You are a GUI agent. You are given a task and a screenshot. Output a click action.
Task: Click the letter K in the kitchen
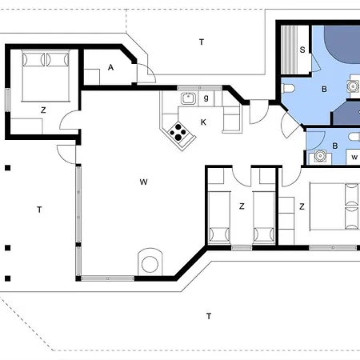(x=203, y=122)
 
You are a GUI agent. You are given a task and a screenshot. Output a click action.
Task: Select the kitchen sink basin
(x=188, y=98)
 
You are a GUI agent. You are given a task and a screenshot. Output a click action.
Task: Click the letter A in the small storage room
(x=110, y=67)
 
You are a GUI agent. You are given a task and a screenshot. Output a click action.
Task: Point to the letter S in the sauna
(x=302, y=50)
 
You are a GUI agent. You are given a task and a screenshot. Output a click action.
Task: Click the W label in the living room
(x=143, y=182)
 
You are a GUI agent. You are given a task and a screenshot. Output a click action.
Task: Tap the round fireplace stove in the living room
(x=150, y=264)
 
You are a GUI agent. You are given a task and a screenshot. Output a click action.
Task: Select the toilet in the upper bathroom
(x=288, y=88)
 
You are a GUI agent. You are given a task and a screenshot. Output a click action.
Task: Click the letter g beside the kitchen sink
(x=206, y=98)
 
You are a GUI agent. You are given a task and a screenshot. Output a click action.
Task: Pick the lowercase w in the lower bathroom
(x=354, y=158)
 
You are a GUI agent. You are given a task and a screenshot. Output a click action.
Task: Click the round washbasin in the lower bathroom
(x=320, y=155)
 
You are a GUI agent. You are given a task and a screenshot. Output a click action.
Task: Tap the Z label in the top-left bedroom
(x=43, y=110)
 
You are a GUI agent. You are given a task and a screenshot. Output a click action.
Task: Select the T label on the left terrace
(x=39, y=210)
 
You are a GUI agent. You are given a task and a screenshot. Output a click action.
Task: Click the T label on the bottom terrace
(x=209, y=316)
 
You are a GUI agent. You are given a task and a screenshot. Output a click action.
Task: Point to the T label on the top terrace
(x=202, y=42)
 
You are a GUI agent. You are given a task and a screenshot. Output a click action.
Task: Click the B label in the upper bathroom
(x=324, y=89)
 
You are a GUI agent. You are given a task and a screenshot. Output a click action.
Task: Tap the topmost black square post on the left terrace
(x=8, y=168)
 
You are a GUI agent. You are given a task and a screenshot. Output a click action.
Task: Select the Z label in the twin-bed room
(x=242, y=206)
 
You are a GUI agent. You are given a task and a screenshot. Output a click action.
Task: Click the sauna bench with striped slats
(x=289, y=50)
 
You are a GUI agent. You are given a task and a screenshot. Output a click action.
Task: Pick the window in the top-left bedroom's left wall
(x=8, y=100)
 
